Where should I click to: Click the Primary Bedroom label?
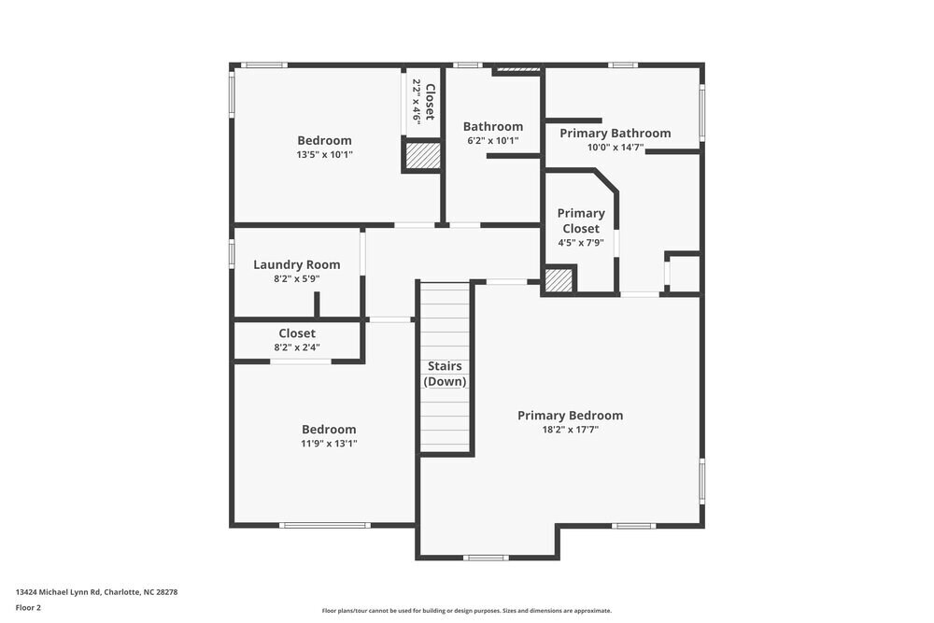(570, 416)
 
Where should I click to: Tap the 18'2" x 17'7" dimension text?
(570, 430)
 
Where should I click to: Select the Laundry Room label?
(297, 264)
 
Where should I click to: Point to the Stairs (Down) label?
(445, 374)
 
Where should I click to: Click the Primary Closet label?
(581, 220)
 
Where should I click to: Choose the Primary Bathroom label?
(615, 134)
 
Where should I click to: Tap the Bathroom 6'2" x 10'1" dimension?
(492, 141)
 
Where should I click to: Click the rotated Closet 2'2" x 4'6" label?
(423, 102)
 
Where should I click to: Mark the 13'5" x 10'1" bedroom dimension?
(324, 155)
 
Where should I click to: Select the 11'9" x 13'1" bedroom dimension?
(328, 444)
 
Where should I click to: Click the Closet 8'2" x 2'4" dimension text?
(297, 347)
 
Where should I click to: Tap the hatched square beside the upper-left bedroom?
(421, 155)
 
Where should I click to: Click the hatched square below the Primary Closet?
(559, 280)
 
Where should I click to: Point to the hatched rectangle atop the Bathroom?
(517, 69)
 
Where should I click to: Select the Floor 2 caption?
(28, 607)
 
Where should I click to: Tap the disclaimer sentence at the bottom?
(467, 610)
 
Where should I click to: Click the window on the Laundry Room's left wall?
(232, 254)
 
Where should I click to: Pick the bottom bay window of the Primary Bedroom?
(486, 558)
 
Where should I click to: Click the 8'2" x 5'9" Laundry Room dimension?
(297, 278)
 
